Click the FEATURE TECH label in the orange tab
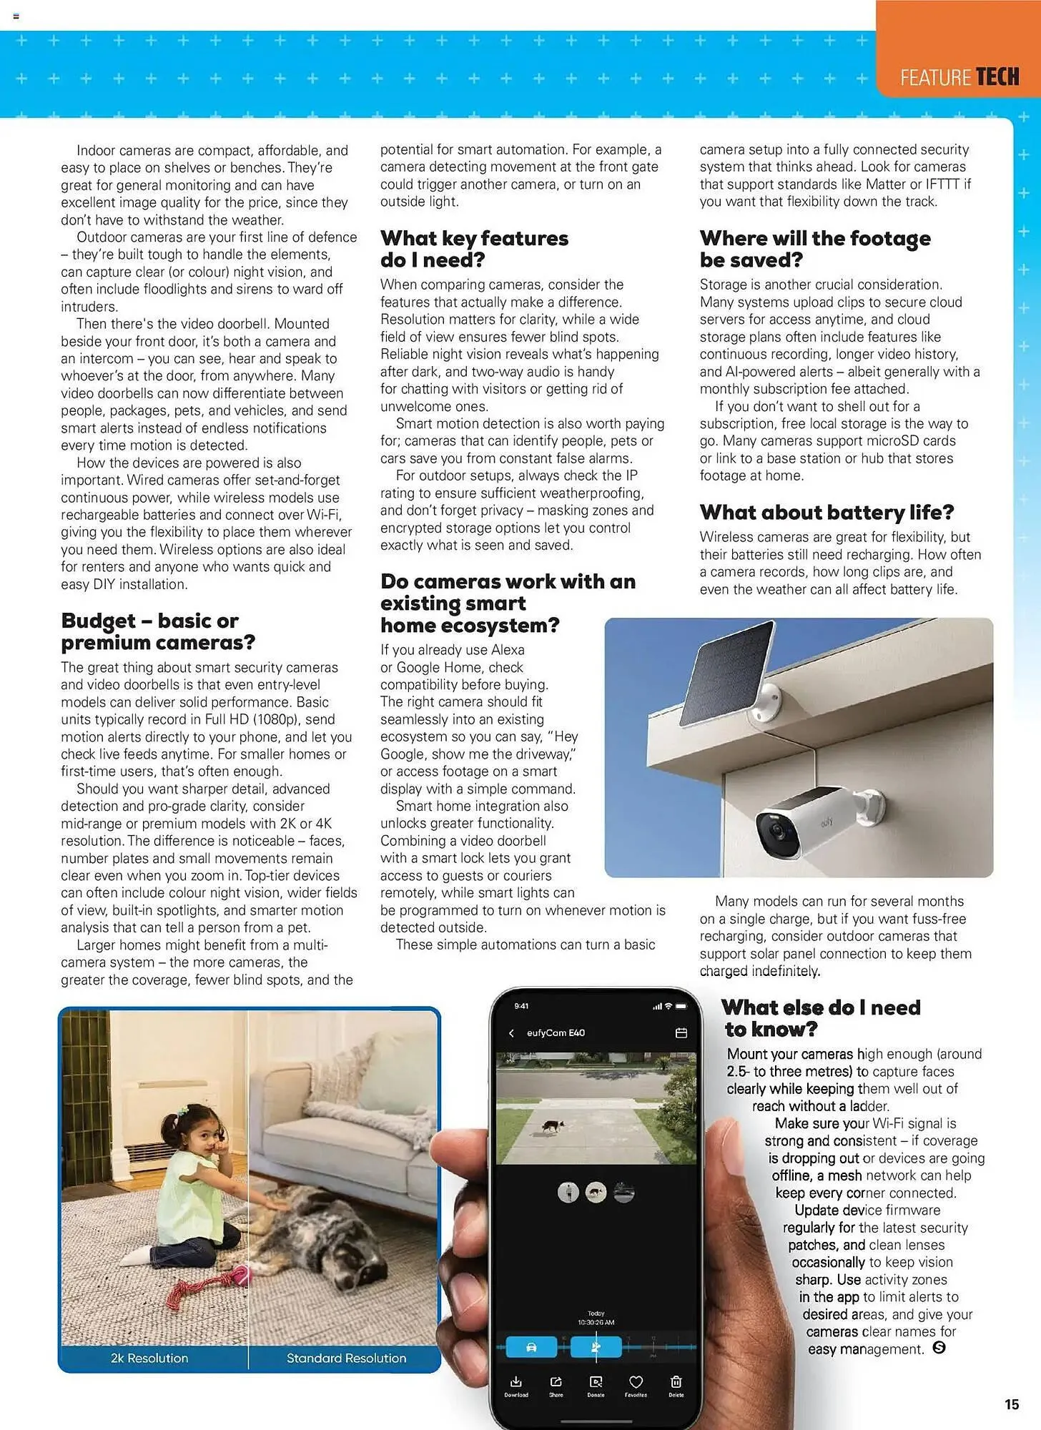(959, 77)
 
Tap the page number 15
(1012, 1404)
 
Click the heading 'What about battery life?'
(827, 512)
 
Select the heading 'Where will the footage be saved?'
(815, 248)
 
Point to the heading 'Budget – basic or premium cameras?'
(157, 631)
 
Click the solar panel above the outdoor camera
(725, 674)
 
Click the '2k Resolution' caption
(149, 1358)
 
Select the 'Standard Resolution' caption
(346, 1358)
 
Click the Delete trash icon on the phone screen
(676, 1381)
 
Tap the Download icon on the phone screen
(516, 1381)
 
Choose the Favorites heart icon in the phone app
(636, 1381)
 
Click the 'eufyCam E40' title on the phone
(556, 1033)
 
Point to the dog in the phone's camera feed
(551, 1126)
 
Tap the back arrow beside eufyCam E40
(511, 1033)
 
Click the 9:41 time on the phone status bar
(521, 1006)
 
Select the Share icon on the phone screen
(556, 1381)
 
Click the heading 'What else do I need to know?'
(821, 1018)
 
